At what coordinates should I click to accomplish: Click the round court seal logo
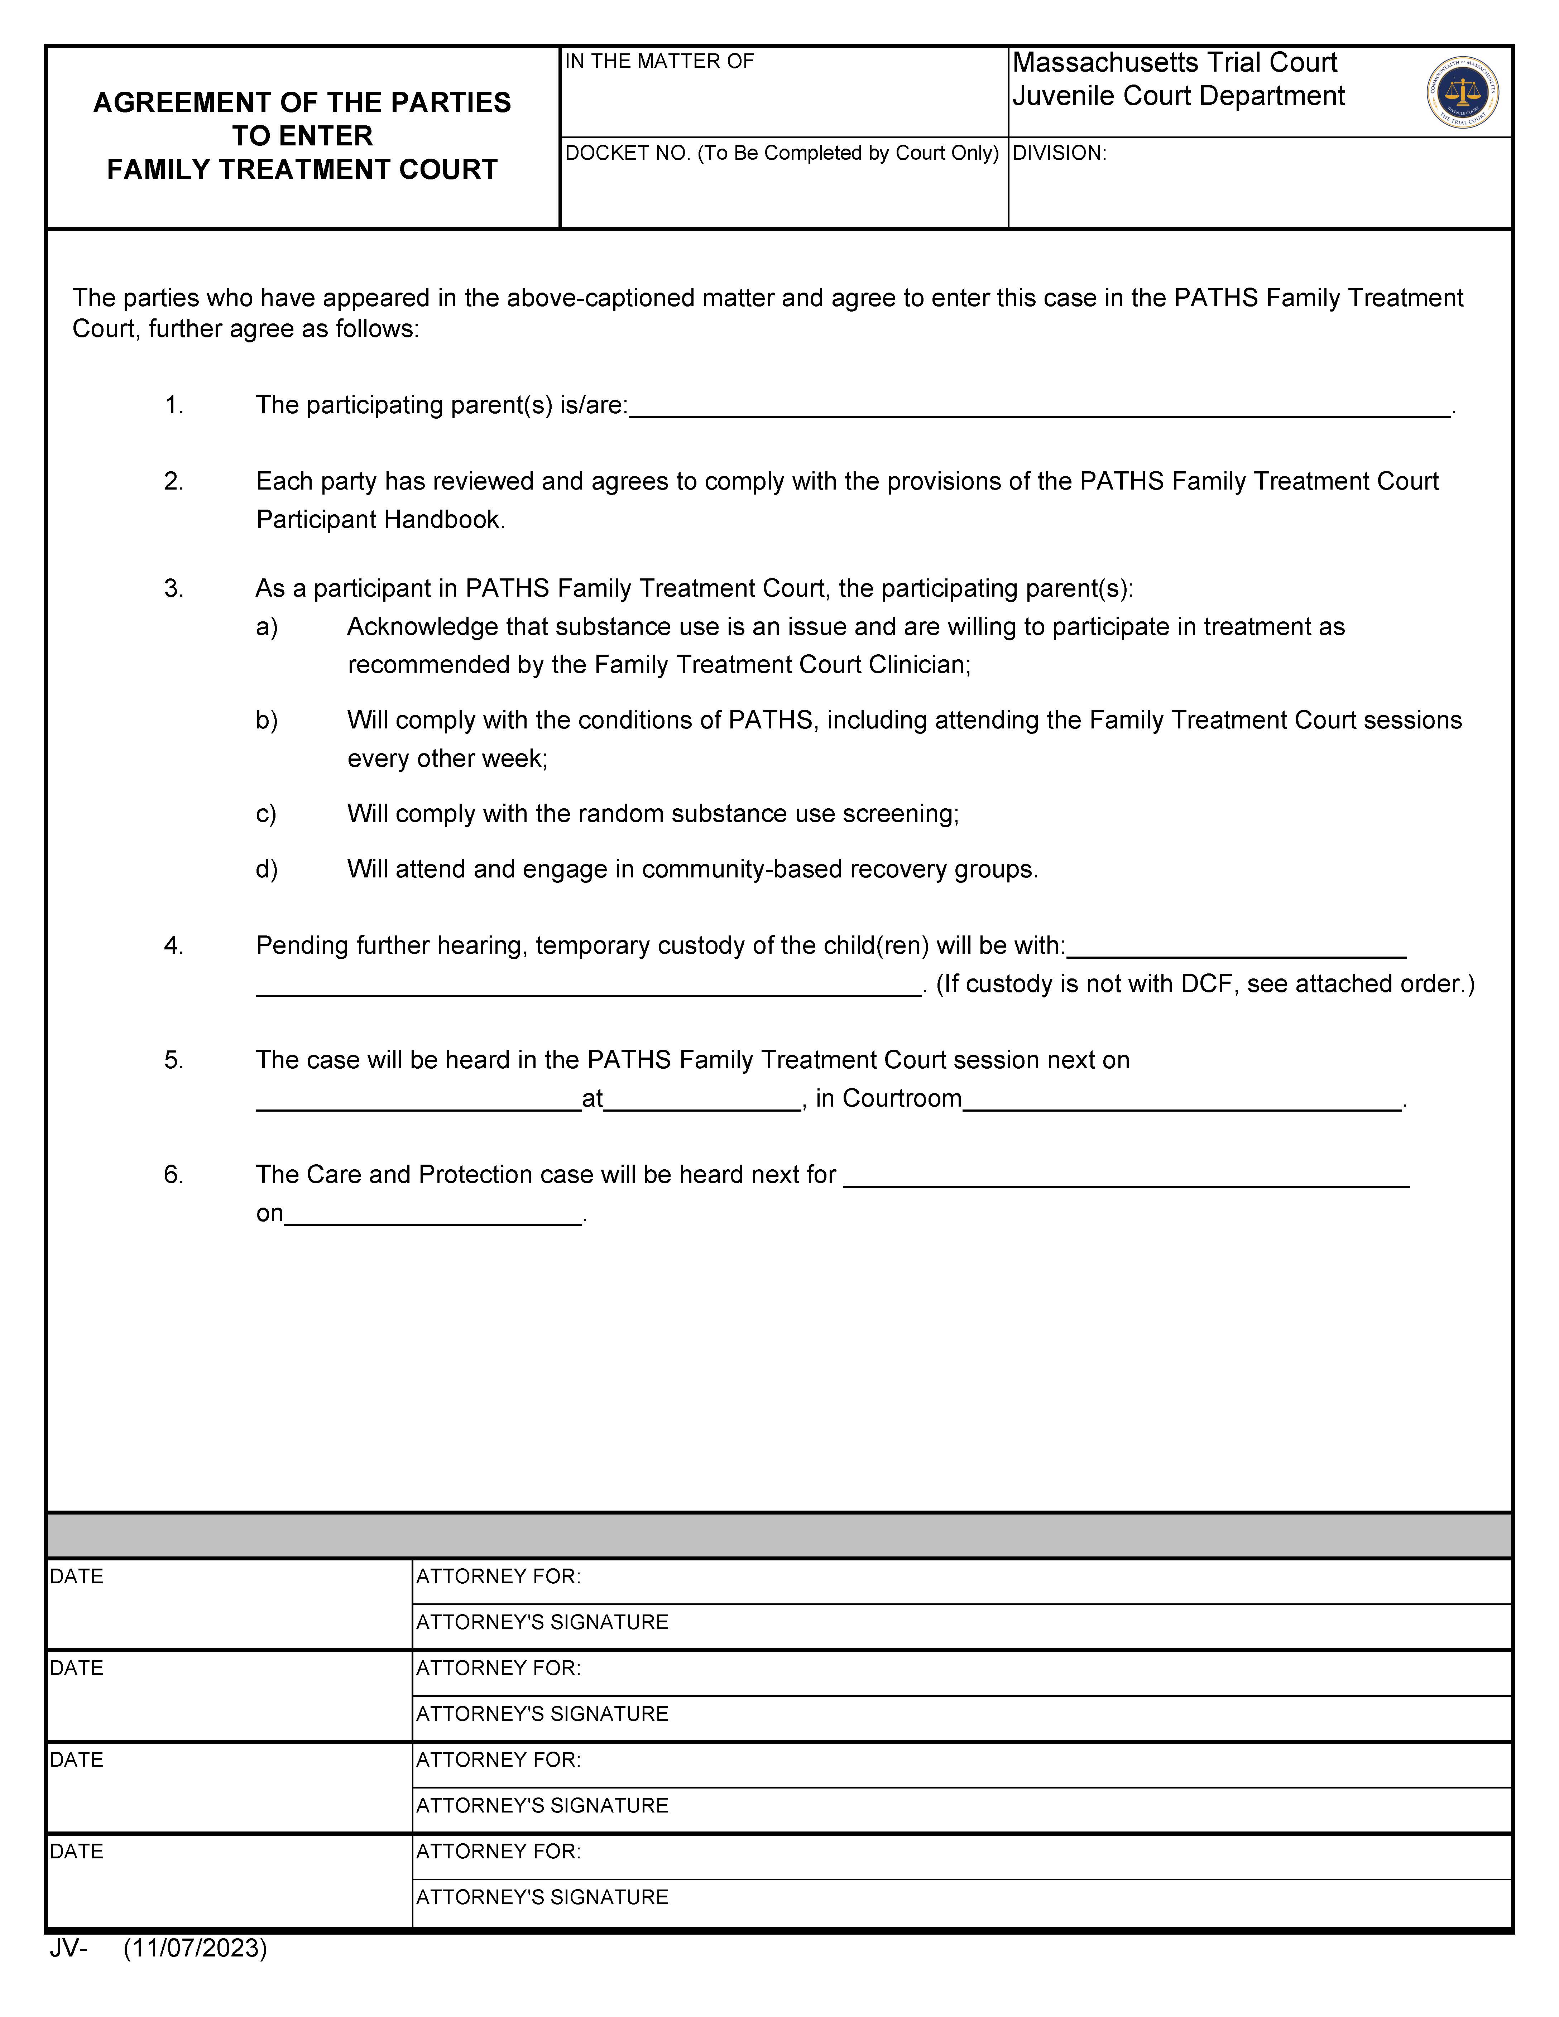[x=1462, y=92]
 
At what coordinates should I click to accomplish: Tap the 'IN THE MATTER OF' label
[x=659, y=62]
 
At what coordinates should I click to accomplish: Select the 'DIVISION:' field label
[x=1059, y=153]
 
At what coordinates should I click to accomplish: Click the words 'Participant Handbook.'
[x=380, y=520]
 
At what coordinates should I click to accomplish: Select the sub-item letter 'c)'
[x=266, y=814]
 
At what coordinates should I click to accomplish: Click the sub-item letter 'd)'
[x=266, y=869]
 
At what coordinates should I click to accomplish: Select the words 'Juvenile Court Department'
[x=1179, y=96]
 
